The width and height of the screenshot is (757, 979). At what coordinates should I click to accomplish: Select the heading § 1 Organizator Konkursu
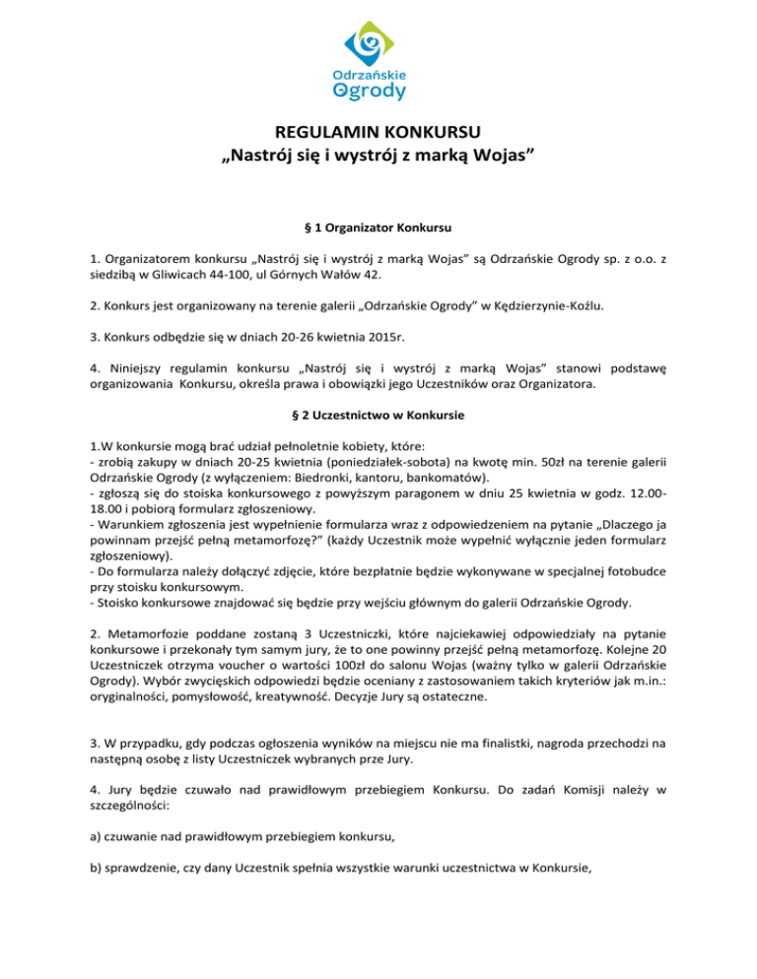pos(378,228)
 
